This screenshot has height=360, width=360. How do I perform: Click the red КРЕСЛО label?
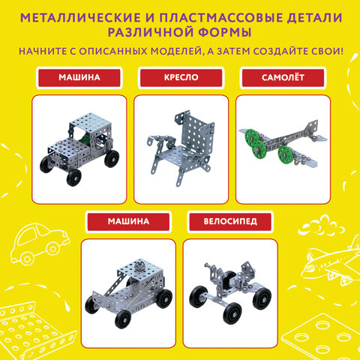pos(181,78)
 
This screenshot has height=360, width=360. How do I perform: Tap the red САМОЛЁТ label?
pos(283,78)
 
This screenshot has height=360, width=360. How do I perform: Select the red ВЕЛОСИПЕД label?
pos(230,222)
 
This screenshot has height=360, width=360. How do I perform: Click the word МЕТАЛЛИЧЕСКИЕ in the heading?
pos(80,18)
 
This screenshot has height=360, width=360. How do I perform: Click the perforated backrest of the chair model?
pos(197,135)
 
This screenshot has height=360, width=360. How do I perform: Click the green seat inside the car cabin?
pos(85,139)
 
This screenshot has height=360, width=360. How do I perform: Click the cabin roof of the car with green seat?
pos(90,121)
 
